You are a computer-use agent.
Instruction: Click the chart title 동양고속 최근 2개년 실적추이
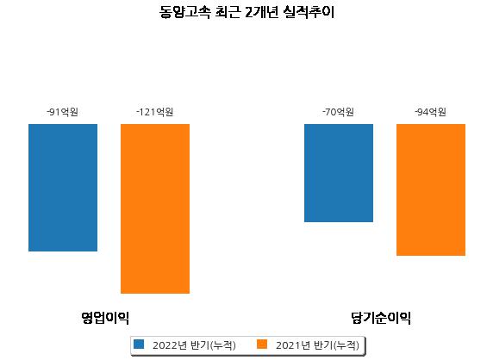(246, 12)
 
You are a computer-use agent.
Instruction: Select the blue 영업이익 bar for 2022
(63, 188)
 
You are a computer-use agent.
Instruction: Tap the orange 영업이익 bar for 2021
(155, 208)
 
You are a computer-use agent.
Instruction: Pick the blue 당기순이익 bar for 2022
(339, 173)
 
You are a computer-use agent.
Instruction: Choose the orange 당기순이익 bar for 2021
(431, 189)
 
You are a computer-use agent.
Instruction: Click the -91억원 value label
(63, 112)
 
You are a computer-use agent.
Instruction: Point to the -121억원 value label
(154, 112)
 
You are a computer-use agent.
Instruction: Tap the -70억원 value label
(339, 112)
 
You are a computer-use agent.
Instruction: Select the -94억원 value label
(430, 112)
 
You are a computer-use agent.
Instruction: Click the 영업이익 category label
(105, 318)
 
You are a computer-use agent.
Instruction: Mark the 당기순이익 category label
(381, 318)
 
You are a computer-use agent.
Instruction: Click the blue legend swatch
(139, 344)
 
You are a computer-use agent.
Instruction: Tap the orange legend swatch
(262, 344)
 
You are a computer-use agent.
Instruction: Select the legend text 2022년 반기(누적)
(194, 345)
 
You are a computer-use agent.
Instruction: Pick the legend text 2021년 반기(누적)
(317, 345)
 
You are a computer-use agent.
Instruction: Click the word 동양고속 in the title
(184, 12)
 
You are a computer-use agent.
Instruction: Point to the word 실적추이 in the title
(309, 12)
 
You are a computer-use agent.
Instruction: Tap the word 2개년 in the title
(262, 12)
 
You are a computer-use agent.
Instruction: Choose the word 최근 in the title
(228, 12)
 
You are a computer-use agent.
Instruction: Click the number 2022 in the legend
(165, 345)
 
